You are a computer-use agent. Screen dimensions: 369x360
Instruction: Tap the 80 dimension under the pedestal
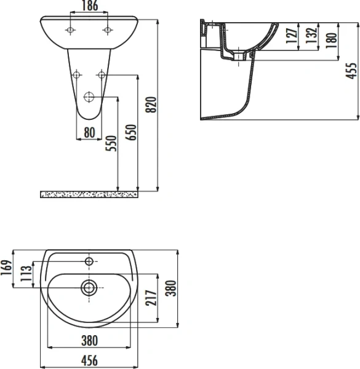[x=89, y=131]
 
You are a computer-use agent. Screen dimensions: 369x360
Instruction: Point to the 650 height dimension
[x=130, y=130]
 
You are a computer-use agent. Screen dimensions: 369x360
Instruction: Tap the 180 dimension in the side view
[x=332, y=41]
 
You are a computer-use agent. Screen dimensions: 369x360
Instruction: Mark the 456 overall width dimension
[x=90, y=359]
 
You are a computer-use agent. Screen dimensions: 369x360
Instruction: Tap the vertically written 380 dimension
[x=172, y=288]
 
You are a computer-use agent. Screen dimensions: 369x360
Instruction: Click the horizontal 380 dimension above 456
[x=90, y=339]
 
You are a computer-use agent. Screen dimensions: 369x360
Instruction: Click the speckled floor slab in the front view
[x=89, y=194]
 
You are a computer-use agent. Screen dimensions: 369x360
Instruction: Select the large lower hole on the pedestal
[x=89, y=97]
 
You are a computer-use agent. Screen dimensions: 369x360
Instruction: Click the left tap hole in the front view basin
[x=71, y=30]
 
